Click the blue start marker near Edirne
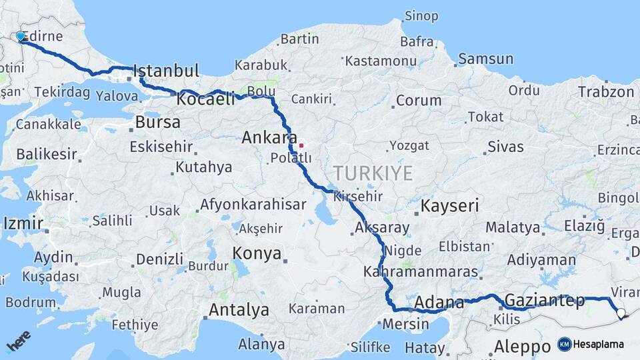coord(20,36)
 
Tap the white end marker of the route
coord(621,313)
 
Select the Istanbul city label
coord(167,71)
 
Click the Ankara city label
coord(269,138)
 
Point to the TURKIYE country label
coord(373,173)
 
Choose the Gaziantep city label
coord(544,299)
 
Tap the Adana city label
coord(439,303)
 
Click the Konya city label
coord(257,253)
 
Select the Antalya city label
coord(239,310)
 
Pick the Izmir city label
coord(23,223)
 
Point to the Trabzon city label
coord(605,92)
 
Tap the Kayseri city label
coord(449,206)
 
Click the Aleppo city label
coord(521,347)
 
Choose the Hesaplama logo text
coord(598,345)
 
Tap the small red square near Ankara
coord(301,145)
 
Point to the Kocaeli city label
coord(206,99)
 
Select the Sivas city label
coord(506,146)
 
